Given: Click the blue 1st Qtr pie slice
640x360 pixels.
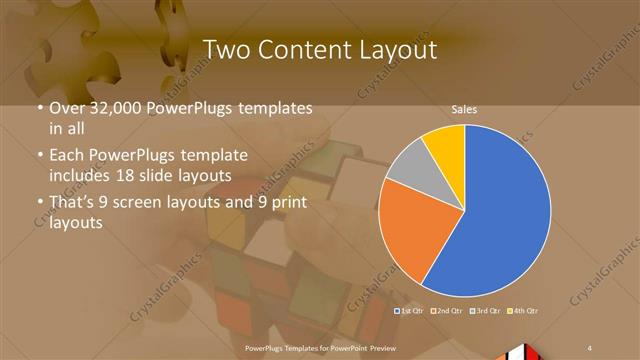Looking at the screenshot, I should (500, 215).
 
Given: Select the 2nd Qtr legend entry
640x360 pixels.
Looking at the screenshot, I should (447, 311).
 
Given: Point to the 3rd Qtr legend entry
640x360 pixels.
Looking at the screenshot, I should (485, 311).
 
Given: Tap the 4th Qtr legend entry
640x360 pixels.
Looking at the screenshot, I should (523, 311).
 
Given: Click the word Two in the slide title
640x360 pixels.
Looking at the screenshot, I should (224, 49).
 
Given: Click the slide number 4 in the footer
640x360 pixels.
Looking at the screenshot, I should (591, 346).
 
